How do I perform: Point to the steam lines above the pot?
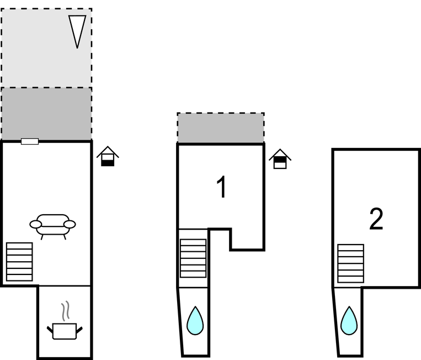point(66,311)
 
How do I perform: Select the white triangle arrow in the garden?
point(77,29)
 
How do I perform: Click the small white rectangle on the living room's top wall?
point(30,141)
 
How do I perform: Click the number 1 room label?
point(221,188)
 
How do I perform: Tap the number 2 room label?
point(376,219)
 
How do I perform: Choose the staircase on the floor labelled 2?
point(350,264)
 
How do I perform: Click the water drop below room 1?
point(195,321)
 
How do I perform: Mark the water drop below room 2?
point(349,321)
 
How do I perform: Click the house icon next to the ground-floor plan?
point(108,157)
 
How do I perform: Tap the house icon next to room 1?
point(280,159)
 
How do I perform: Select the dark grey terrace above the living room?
point(46,114)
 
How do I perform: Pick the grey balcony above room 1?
point(220,128)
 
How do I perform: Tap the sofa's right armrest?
point(70,224)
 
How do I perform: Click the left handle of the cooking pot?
point(50,330)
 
